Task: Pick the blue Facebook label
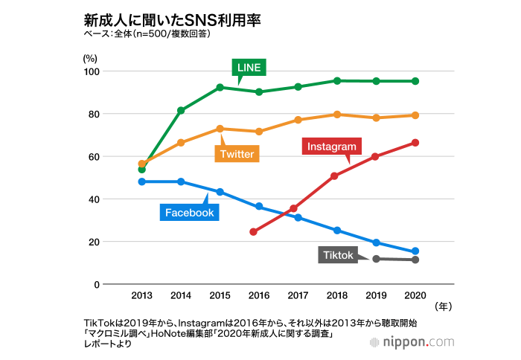[190, 213]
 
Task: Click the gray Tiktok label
[339, 255]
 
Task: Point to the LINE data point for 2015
[220, 88]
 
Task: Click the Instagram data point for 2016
[254, 232]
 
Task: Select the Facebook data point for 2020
[415, 251]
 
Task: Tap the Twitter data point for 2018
[337, 115]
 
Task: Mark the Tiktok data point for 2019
[377, 259]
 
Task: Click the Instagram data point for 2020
[415, 143]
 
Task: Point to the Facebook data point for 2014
[181, 181]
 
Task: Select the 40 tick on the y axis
[94, 199]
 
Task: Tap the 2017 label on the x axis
[298, 295]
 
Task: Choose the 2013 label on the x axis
[142, 295]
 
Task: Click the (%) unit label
[90, 57]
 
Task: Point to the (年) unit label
[442, 305]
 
